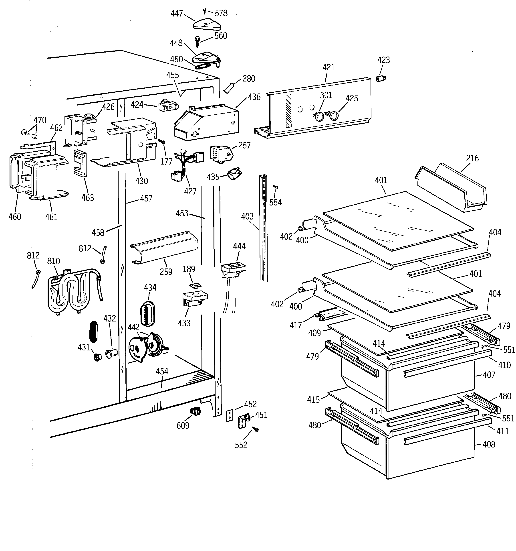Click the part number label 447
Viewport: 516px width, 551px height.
(x=176, y=13)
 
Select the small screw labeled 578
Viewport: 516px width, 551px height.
(x=205, y=11)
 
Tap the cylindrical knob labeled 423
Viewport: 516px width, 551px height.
(x=381, y=78)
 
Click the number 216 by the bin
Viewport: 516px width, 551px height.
(x=472, y=158)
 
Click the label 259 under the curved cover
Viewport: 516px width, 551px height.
(x=166, y=272)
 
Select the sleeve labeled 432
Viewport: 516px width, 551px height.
(x=111, y=354)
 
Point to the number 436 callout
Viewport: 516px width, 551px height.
(x=254, y=97)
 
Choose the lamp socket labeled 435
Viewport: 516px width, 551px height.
(x=234, y=175)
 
